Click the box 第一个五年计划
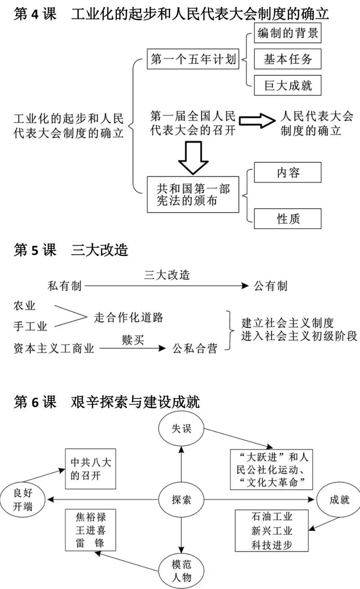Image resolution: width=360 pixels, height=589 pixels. coord(193,59)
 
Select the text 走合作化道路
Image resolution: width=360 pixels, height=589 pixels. coord(128,317)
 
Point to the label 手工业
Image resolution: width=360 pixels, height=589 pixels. coord(31,326)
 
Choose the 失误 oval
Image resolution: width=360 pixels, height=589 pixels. coord(181,428)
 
